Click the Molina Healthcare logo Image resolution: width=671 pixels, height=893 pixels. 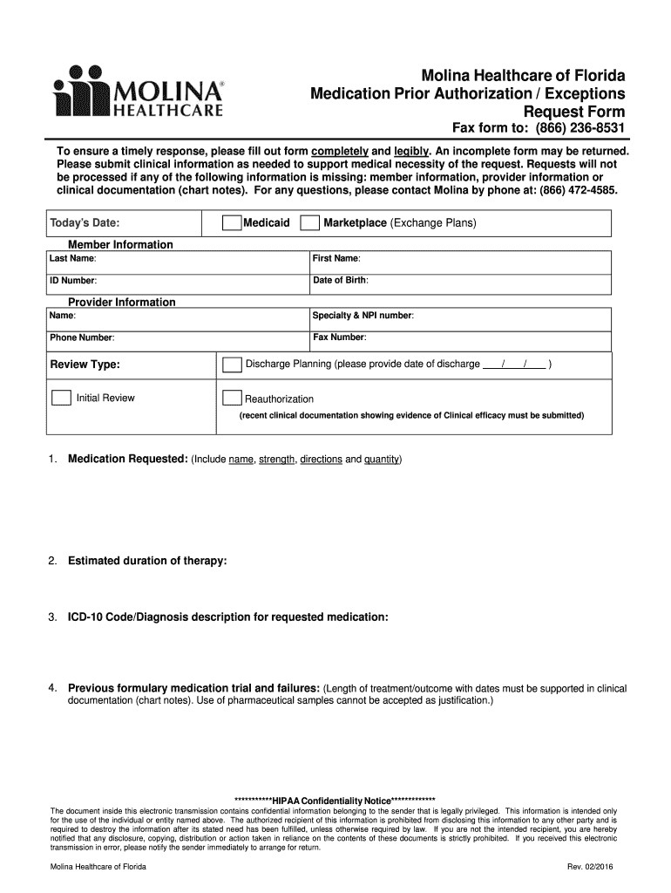pos(139,92)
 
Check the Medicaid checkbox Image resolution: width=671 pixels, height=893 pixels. pos(231,223)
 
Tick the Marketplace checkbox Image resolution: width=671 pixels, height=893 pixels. pos(309,223)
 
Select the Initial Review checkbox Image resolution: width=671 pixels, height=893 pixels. pos(61,398)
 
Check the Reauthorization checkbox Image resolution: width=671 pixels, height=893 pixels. pos(231,399)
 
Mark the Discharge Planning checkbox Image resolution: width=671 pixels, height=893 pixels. pos(233,364)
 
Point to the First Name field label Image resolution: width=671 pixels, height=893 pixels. pos(336,259)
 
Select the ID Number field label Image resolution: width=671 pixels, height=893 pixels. pos(72,281)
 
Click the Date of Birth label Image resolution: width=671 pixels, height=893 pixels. pos(341,280)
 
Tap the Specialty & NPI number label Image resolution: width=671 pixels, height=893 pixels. pos(363,315)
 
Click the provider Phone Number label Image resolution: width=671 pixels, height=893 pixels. pos(82,337)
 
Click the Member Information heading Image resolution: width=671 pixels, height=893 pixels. pos(120,244)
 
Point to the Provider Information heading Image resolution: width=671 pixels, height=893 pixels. pos(122,302)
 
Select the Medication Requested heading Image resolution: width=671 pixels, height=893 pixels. pos(127,459)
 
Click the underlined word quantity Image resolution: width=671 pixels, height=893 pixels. pos(382,459)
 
